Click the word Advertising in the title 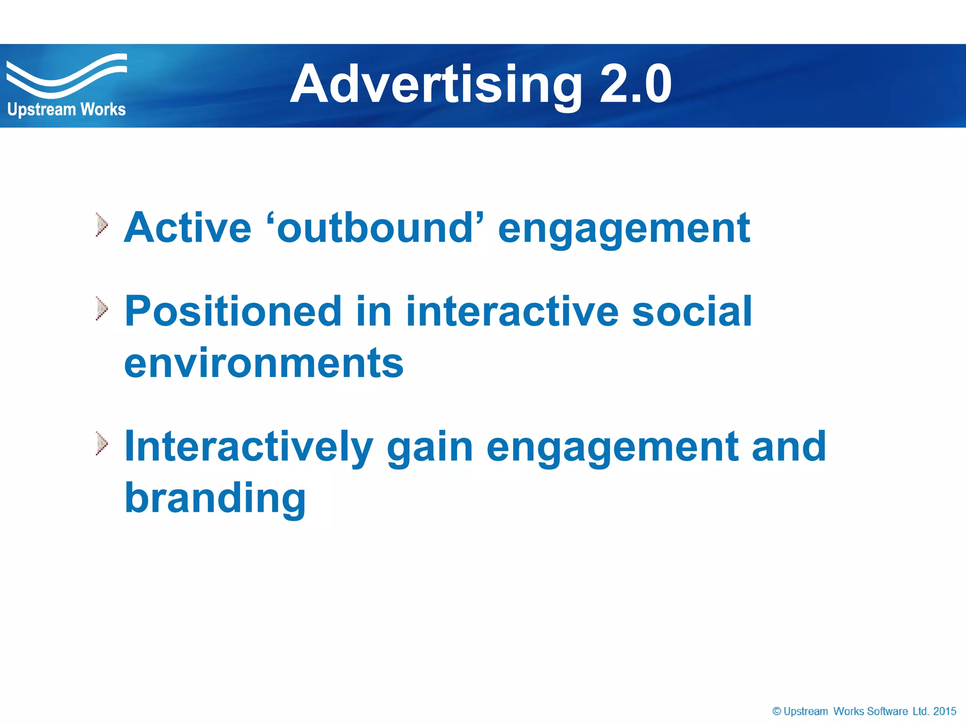436,85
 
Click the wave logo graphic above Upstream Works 66,75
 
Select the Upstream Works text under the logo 67,109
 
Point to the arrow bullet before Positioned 102,309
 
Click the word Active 188,228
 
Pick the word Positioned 233,312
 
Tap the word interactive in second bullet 511,312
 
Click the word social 691,312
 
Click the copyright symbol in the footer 776,711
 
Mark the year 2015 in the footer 944,711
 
